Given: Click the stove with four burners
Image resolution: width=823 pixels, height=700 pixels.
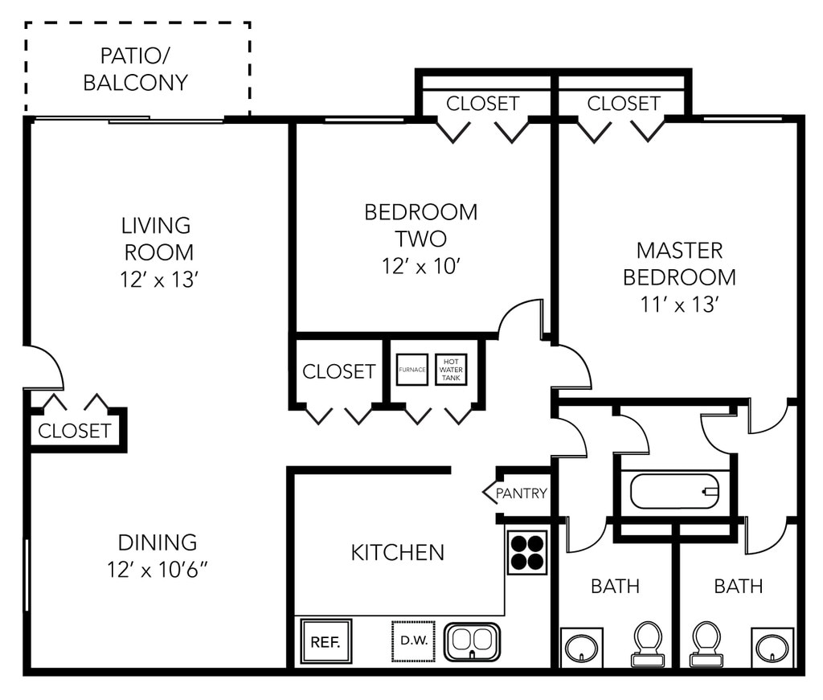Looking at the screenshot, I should point(527,552).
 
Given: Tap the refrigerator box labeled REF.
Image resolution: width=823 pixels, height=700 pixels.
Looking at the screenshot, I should point(326,642).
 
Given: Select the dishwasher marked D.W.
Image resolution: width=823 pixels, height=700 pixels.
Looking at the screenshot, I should point(413,641).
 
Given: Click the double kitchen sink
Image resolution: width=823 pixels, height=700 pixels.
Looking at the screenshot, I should point(473,641).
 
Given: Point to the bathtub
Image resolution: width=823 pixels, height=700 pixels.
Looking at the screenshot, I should point(674,491).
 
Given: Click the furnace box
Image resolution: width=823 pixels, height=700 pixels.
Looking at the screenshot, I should point(411,370).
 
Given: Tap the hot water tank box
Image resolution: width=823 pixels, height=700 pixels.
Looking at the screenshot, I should point(451,370).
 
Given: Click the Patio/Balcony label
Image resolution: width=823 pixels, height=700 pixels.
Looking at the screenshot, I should point(136,69).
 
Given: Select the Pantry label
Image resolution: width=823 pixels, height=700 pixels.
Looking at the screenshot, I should point(522,493).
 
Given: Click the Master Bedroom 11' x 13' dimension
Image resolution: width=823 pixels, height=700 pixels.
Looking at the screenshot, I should point(680,305).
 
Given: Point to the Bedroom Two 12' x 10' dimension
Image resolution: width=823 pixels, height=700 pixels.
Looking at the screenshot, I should point(420,265).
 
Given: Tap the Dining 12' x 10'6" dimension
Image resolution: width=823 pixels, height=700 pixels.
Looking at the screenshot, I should point(158,570).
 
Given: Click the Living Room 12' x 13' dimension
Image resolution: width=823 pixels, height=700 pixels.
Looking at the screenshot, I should point(158,280).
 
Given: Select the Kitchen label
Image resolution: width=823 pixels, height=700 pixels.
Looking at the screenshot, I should point(398,552).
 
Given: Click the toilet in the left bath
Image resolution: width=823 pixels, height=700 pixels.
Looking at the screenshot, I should point(648,643).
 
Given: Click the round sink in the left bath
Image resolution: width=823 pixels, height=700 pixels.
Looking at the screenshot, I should point(581,647).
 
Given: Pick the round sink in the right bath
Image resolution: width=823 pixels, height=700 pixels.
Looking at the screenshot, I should point(772,647).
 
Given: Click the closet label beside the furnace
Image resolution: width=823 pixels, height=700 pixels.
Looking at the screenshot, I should point(338,371).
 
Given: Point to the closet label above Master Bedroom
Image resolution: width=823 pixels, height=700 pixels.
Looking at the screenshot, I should point(624,104).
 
